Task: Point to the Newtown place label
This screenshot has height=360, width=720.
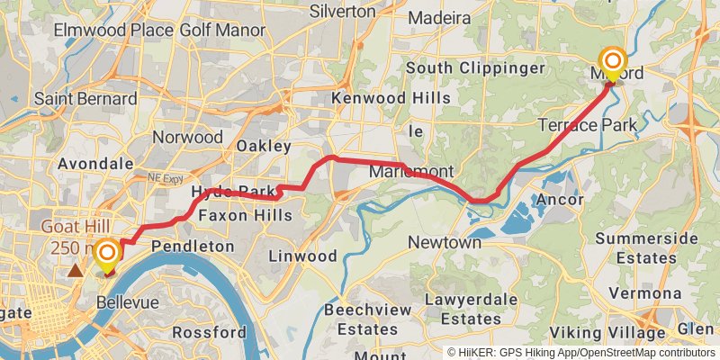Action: tap(444, 242)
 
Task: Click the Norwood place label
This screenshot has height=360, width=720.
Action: tap(187, 137)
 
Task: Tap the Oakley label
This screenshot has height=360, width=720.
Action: tap(264, 146)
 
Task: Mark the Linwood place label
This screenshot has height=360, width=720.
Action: tap(303, 256)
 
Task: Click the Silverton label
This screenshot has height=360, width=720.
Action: tap(342, 12)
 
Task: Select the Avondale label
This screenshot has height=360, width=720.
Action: tap(94, 164)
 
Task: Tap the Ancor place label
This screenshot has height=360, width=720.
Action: tap(559, 199)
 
